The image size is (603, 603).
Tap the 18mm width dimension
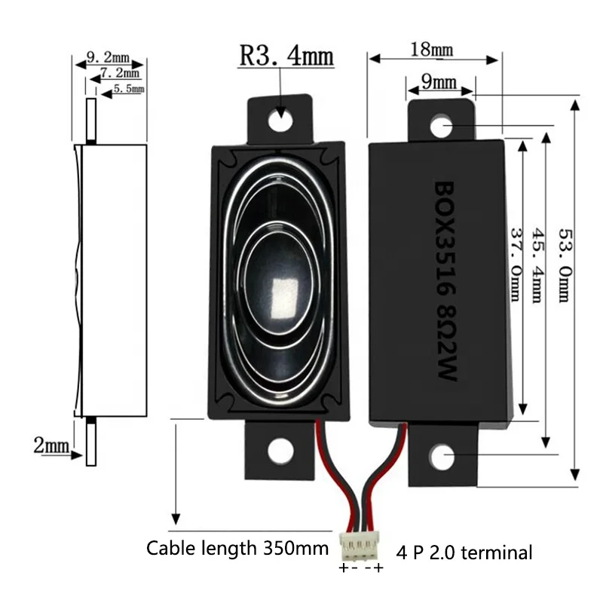tap(432, 50)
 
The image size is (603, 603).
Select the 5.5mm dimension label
tap(127, 90)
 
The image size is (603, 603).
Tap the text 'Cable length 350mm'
tap(237, 548)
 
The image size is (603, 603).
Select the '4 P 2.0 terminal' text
tap(460, 552)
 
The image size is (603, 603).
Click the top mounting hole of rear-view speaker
tap(440, 123)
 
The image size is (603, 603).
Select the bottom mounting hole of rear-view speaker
tap(441, 455)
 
